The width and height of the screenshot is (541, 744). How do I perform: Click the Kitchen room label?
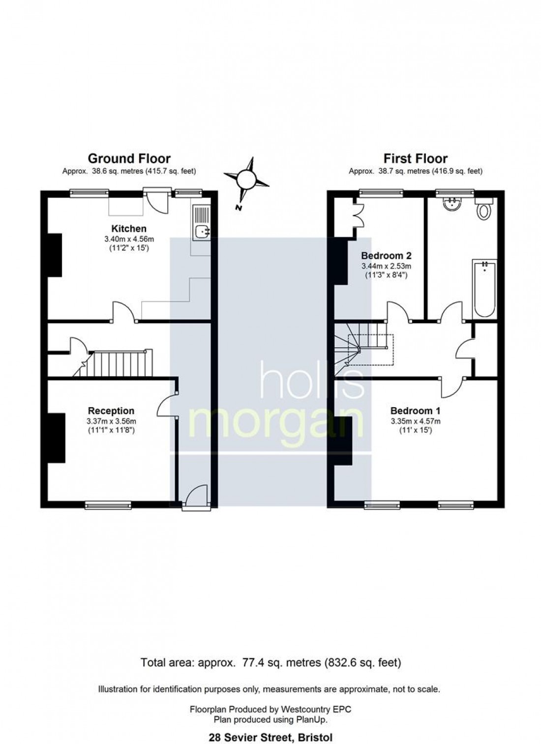[128, 229]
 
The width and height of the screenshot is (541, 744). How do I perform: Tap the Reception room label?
[111, 411]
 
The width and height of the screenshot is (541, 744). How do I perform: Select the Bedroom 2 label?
[386, 256]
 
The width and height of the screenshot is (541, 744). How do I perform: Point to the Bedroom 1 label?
[415, 411]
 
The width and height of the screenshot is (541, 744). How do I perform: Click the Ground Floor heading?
[129, 159]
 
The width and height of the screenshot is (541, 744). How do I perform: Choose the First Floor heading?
[416, 159]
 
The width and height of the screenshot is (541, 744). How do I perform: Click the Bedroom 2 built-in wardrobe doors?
[359, 216]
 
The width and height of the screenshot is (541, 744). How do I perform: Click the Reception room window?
[108, 505]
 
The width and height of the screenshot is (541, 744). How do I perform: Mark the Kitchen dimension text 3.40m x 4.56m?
[129, 238]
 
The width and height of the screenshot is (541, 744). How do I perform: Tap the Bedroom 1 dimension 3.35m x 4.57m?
[416, 421]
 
